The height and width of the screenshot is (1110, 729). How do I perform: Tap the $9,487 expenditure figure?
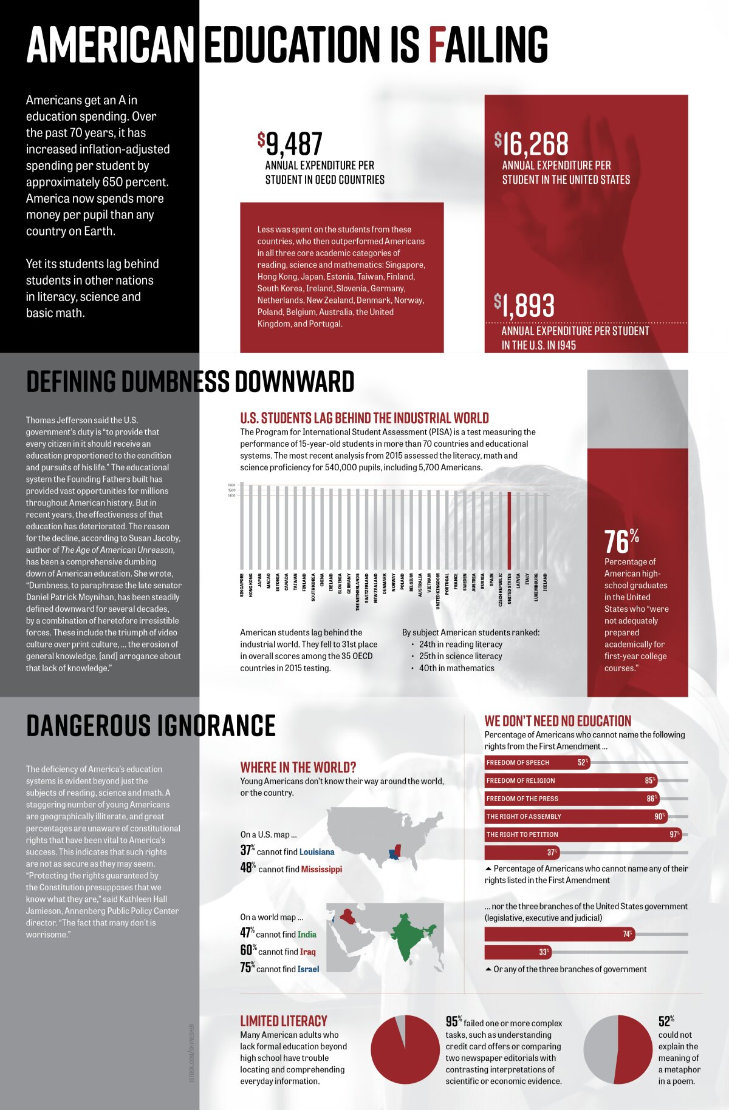click(x=290, y=144)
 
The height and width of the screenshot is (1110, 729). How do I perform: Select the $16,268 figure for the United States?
click(x=532, y=144)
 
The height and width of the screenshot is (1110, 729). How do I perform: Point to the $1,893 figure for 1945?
click(x=524, y=305)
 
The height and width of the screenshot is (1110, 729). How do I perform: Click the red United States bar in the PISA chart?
click(x=509, y=529)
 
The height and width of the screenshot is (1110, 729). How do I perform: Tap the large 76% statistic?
click(x=621, y=541)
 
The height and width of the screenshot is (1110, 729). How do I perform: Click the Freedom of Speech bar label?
click(x=518, y=763)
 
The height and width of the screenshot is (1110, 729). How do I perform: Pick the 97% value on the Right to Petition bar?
click(x=674, y=834)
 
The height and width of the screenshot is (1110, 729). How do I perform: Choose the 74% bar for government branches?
click(x=559, y=934)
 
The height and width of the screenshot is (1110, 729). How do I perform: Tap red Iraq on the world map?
click(x=348, y=915)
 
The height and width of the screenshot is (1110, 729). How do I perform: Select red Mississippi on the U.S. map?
click(x=399, y=851)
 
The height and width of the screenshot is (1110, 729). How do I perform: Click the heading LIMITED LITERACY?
click(x=283, y=1021)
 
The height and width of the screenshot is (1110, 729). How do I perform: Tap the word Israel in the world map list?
click(x=308, y=969)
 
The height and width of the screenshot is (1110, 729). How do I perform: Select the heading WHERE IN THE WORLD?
click(x=298, y=767)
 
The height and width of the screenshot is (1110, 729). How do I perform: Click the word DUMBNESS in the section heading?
click(x=175, y=382)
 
